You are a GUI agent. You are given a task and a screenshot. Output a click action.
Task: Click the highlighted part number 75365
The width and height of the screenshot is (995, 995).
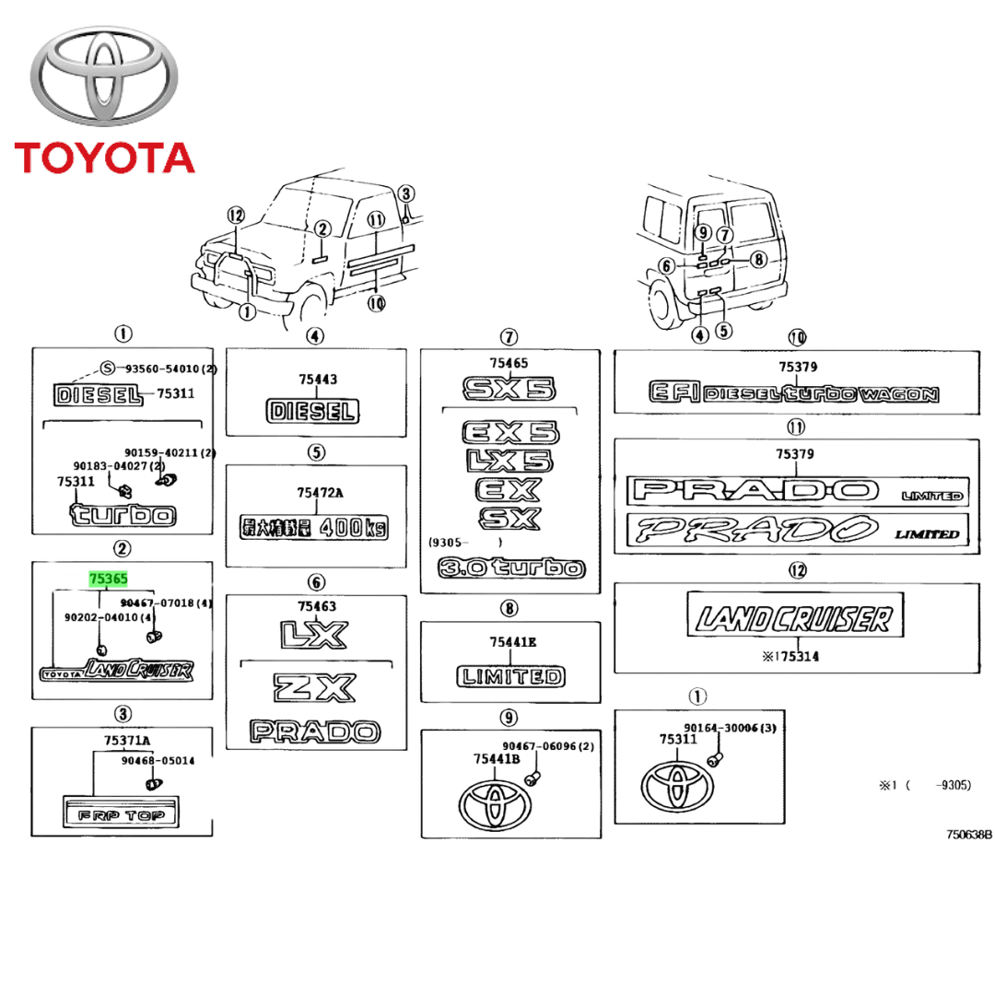[107, 579]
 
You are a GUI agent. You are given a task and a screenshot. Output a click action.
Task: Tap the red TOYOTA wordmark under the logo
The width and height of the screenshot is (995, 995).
[104, 158]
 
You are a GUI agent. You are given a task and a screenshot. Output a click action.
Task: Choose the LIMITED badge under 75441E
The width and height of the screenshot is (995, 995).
[510, 677]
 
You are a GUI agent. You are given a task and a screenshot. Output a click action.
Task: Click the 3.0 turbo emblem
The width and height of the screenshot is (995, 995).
[510, 568]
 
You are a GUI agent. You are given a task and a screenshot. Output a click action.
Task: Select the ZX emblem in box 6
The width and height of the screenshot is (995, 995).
[315, 688]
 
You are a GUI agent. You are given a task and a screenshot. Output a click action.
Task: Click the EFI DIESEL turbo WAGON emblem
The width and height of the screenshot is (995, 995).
[794, 394]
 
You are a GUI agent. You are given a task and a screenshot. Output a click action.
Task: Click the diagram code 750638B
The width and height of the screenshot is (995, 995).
[968, 835]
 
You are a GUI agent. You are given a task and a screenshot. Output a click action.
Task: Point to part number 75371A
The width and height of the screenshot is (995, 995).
[128, 741]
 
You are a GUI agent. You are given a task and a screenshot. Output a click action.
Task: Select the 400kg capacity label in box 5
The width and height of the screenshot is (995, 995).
[314, 528]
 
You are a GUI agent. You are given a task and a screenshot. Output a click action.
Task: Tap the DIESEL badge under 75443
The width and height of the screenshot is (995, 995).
[312, 411]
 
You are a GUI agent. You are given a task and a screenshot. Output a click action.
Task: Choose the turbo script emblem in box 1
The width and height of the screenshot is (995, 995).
[123, 512]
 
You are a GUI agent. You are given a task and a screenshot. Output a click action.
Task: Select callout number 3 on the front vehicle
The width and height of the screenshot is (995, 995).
[406, 193]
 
